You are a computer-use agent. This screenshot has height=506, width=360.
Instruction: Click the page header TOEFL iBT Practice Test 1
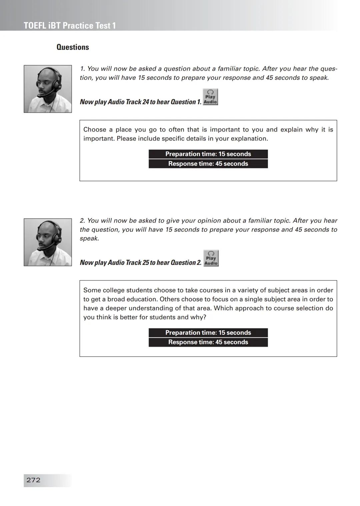click(70, 26)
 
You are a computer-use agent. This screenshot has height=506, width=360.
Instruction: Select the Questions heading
click(73, 47)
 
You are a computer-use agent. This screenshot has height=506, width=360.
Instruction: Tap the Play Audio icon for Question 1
click(210, 97)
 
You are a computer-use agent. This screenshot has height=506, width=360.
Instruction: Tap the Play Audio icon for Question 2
click(211, 258)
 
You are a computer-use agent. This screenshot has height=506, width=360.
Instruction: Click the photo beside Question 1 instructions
click(48, 89)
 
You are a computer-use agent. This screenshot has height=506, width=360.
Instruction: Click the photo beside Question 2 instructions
click(48, 242)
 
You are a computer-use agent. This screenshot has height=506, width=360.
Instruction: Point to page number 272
click(33, 480)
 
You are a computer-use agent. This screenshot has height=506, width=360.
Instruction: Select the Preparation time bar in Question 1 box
click(208, 154)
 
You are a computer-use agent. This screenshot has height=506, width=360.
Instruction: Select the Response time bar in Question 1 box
click(208, 164)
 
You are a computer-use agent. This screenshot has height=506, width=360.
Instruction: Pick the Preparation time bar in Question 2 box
click(208, 332)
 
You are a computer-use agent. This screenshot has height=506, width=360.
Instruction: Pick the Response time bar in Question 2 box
click(208, 342)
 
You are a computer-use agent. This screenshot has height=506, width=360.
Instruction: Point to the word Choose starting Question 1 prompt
click(95, 130)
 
